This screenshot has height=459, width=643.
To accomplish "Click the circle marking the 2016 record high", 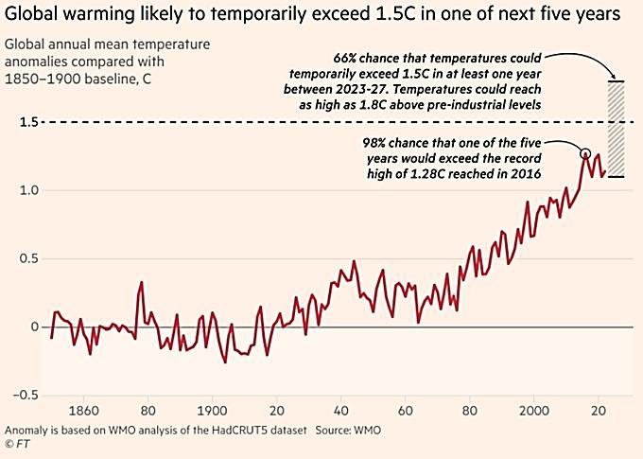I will pyautogui.click(x=585, y=153).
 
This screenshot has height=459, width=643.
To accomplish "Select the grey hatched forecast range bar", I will pyautogui.click(x=617, y=129).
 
